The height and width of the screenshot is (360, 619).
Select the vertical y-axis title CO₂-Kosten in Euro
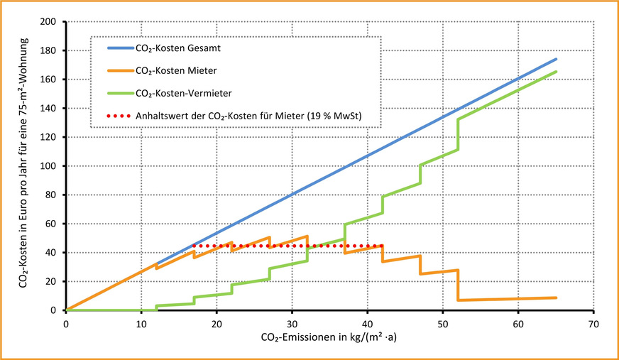click(x=26, y=165)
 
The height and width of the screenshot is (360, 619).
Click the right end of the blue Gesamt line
click(x=556, y=59)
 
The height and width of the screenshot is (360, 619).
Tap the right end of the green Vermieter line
click(x=556, y=72)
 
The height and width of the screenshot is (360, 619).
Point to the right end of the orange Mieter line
click(x=556, y=298)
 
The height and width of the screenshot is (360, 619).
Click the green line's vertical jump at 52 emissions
click(x=458, y=135)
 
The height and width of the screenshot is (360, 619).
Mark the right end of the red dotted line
click(x=383, y=246)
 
